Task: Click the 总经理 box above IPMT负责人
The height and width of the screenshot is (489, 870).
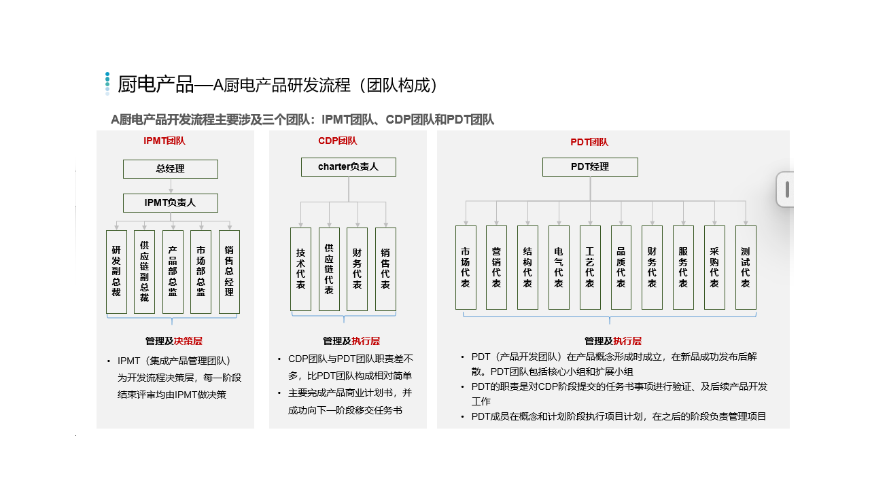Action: click(171, 169)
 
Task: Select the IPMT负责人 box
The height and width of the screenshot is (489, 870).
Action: click(171, 203)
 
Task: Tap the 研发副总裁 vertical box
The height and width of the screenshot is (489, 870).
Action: click(116, 272)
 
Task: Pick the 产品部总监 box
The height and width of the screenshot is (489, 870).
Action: click(173, 272)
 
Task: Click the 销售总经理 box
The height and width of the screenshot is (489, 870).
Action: click(229, 272)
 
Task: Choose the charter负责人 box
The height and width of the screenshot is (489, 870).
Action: click(349, 167)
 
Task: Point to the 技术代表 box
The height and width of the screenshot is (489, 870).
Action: click(300, 269)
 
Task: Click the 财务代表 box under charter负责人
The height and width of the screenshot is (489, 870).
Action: click(358, 269)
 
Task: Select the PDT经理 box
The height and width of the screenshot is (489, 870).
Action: click(590, 167)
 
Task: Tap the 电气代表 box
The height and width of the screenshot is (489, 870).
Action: click(559, 268)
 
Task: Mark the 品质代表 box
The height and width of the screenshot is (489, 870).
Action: click(621, 268)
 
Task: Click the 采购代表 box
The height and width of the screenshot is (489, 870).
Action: click(714, 268)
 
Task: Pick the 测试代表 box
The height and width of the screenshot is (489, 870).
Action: click(746, 268)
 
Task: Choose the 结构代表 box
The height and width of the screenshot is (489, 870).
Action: click(528, 268)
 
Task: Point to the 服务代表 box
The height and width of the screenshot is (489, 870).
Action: click(683, 268)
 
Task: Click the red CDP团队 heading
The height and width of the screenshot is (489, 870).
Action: click(338, 141)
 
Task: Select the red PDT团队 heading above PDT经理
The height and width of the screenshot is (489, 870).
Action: click(589, 142)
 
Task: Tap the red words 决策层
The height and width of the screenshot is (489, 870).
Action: click(188, 341)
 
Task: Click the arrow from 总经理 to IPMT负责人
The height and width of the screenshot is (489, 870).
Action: click(171, 186)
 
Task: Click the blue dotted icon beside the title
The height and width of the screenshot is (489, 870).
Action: click(107, 84)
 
